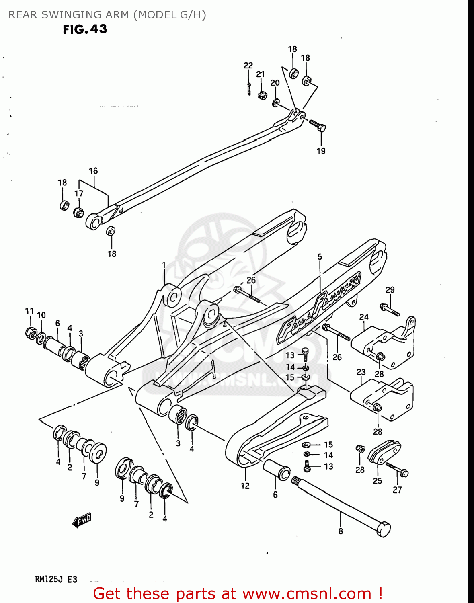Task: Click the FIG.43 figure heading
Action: (85, 29)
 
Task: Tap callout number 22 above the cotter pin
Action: (248, 66)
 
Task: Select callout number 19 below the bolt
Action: (321, 151)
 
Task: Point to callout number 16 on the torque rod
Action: (93, 171)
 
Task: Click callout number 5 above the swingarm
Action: (320, 256)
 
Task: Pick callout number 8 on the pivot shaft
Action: (341, 531)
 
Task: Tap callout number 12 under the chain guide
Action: (245, 486)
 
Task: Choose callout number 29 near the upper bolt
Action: (390, 290)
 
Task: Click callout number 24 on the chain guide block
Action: (364, 317)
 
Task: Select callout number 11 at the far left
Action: (29, 311)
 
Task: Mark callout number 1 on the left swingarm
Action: (164, 265)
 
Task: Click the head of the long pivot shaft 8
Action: (384, 529)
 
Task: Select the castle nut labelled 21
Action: (263, 96)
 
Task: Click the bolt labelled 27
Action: (398, 470)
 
